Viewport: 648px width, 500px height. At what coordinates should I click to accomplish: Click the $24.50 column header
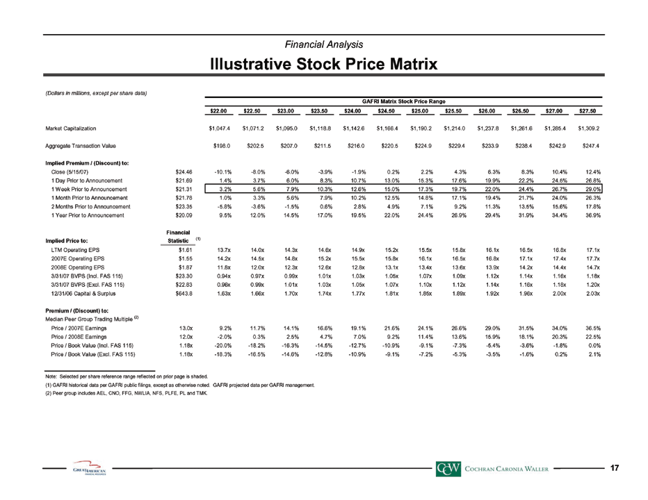(386, 111)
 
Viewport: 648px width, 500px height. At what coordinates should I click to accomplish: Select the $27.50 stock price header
(588, 111)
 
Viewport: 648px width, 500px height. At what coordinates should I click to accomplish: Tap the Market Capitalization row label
(71, 128)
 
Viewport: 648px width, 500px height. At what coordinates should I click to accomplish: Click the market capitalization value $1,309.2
(588, 128)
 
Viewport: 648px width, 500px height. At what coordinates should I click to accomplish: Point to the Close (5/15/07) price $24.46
(184, 172)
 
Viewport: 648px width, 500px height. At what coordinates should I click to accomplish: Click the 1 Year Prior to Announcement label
(88, 215)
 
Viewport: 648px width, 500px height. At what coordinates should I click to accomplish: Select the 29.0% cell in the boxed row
(593, 190)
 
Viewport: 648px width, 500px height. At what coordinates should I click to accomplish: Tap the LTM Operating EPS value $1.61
(185, 250)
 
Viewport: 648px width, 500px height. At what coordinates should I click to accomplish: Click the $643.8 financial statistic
(184, 294)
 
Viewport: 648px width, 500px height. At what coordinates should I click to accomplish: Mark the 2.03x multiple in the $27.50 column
(593, 294)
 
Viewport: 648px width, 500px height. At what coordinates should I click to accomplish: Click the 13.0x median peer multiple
(186, 328)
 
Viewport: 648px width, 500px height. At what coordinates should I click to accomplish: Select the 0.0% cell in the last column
(594, 346)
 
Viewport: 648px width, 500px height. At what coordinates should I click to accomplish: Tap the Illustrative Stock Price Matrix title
(323, 65)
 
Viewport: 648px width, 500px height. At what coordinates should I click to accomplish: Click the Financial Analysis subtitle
(324, 44)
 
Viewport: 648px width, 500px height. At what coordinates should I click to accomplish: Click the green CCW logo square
(448, 468)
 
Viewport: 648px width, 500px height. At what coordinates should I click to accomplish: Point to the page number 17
(615, 468)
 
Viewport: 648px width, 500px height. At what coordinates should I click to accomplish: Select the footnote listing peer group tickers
(127, 393)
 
